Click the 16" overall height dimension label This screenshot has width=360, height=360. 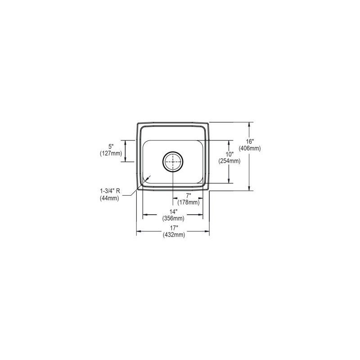[x=254, y=141]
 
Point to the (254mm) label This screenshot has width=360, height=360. [x=229, y=161]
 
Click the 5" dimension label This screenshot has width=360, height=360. [x=111, y=146]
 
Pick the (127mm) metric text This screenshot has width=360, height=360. [x=111, y=153]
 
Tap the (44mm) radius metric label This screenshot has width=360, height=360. [x=110, y=198]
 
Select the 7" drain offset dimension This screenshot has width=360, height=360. [x=189, y=196]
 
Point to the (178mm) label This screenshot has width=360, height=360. [x=189, y=202]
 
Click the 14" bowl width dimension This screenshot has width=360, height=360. [x=173, y=212]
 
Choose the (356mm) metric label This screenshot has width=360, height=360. [x=173, y=219]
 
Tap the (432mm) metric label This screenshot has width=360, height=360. [x=173, y=234]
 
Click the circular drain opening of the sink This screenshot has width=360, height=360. [x=173, y=162]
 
